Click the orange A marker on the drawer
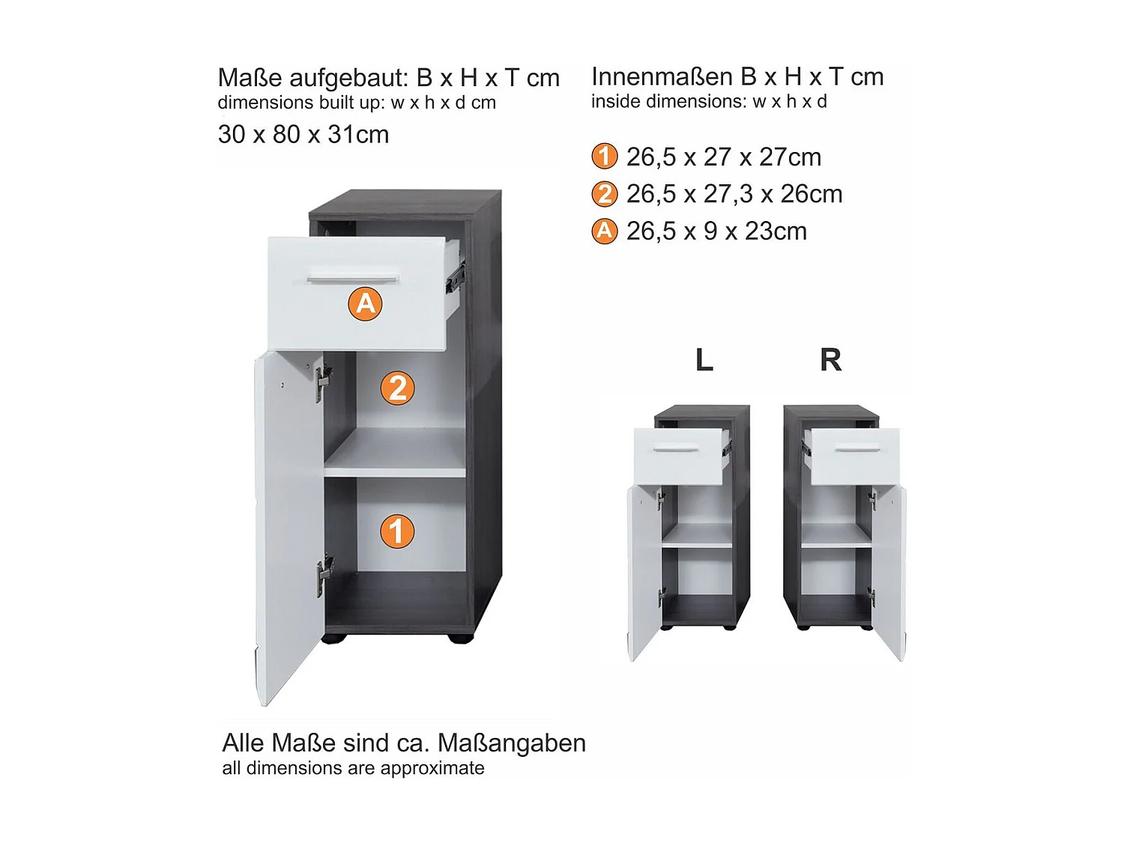pyautogui.click(x=365, y=303)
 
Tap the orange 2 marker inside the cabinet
pyautogui.click(x=398, y=388)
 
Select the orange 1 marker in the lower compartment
pyautogui.click(x=397, y=531)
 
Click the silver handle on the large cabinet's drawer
pyautogui.click(x=352, y=280)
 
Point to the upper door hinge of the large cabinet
pyautogui.click(x=322, y=381)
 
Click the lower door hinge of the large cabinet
pyautogui.click(x=324, y=575)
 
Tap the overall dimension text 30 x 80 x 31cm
pyautogui.click(x=303, y=135)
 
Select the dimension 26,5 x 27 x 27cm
pyautogui.click(x=723, y=157)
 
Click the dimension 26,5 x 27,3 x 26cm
pyautogui.click(x=734, y=194)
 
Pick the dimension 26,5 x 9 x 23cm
pyautogui.click(x=716, y=232)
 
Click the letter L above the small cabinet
pyautogui.click(x=704, y=360)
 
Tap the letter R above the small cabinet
pyautogui.click(x=830, y=360)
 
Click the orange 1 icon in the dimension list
pyautogui.click(x=605, y=157)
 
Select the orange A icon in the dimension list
pyautogui.click(x=605, y=231)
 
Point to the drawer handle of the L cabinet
pyautogui.click(x=676, y=450)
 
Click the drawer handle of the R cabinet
pyautogui.click(x=858, y=450)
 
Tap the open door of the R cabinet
pyautogui.click(x=889, y=569)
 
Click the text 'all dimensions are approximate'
pyautogui.click(x=353, y=768)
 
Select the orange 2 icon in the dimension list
pyautogui.click(x=605, y=194)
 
